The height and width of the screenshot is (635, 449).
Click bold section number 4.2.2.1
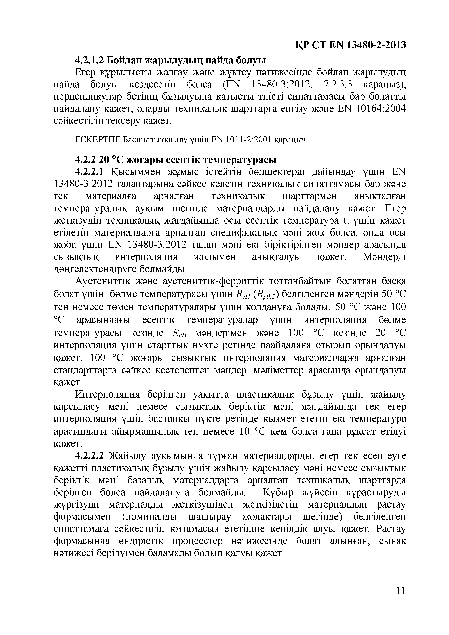[90, 172]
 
